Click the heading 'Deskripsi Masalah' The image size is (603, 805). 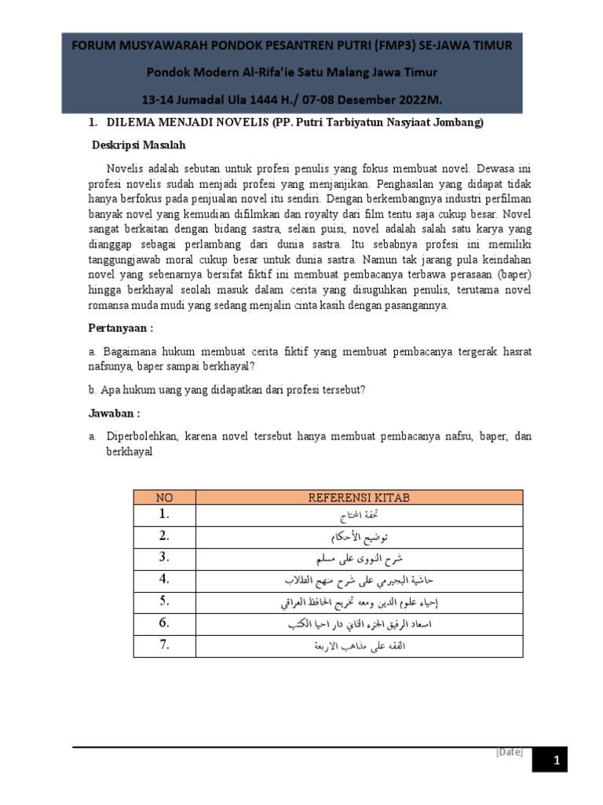point(139,145)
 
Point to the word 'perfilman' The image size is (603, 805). point(506,197)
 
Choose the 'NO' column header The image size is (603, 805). point(163,497)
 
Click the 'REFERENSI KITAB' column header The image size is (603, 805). point(359,497)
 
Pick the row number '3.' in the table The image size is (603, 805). point(163,557)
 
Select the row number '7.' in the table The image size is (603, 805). point(163,645)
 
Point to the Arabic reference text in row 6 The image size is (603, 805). point(359,624)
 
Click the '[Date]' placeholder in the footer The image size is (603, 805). point(509,752)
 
